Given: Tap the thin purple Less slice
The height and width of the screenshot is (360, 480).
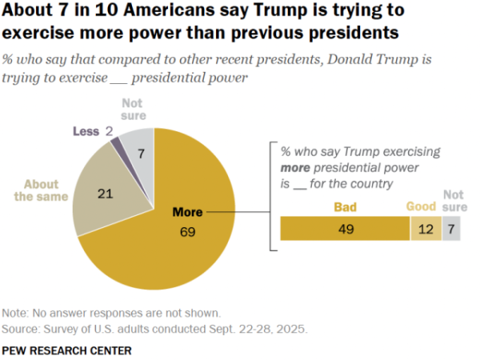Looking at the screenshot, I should (116, 142).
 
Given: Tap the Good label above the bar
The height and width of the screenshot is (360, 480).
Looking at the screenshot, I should (421, 206).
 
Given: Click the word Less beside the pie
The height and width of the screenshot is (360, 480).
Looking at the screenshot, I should (85, 130).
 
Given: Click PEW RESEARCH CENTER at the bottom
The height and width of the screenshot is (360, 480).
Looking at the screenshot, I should (66, 350).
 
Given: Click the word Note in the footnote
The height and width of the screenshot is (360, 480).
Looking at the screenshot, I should (15, 313).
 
